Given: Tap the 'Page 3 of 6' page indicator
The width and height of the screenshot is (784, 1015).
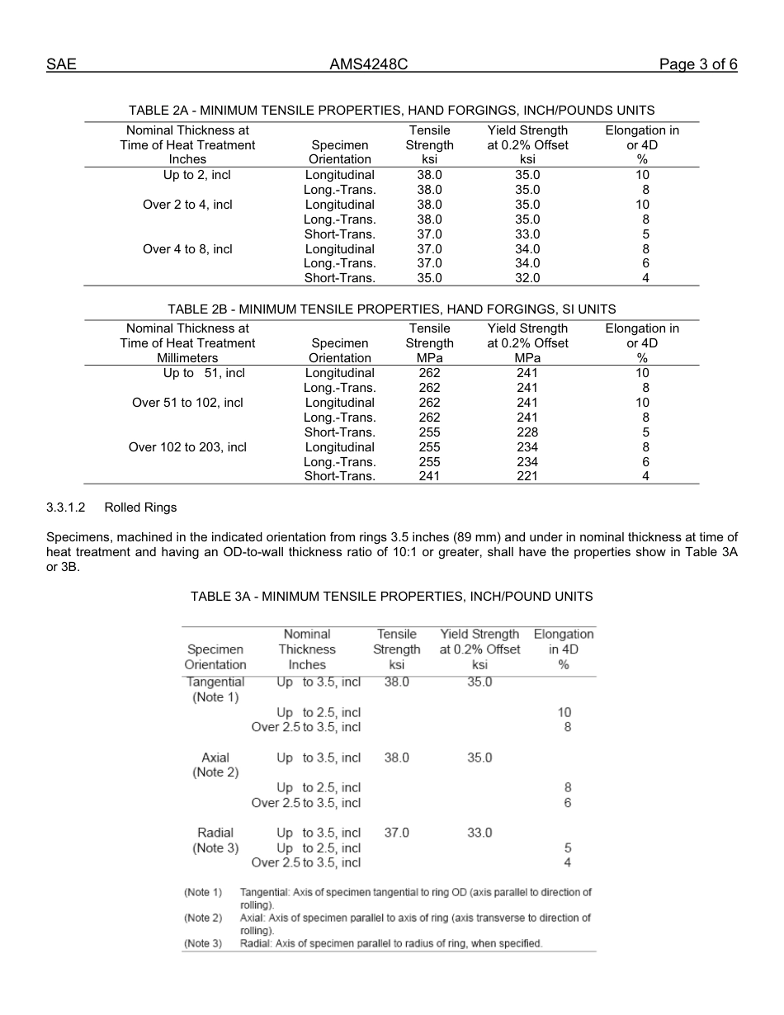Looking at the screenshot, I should (698, 64).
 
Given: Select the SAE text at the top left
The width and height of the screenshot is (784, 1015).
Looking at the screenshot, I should (61, 64).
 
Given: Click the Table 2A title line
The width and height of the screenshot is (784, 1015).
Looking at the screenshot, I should (391, 110).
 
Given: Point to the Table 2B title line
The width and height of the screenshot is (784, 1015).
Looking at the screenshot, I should (391, 309).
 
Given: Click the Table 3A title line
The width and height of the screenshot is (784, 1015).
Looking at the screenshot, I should (391, 596).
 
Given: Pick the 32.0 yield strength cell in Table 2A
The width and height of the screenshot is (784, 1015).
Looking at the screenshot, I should (527, 278).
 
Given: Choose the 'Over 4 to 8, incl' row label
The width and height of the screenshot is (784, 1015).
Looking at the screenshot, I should (187, 248).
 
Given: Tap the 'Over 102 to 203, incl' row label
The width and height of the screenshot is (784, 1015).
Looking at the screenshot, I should (187, 447).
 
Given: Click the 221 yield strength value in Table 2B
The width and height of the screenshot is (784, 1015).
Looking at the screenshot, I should (527, 476).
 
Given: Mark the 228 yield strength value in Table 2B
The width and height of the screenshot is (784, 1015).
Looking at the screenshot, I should (527, 432).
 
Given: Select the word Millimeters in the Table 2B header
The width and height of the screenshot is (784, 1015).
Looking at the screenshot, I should (187, 358).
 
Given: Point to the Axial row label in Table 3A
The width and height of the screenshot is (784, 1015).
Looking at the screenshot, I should (215, 758).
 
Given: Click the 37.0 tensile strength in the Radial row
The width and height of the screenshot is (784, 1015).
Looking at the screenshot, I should (397, 833).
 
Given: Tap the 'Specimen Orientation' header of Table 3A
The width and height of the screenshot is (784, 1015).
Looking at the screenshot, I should (215, 657).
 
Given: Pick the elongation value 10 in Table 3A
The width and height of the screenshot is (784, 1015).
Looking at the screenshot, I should (564, 712).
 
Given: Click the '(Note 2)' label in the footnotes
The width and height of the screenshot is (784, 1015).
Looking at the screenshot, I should (203, 918).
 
